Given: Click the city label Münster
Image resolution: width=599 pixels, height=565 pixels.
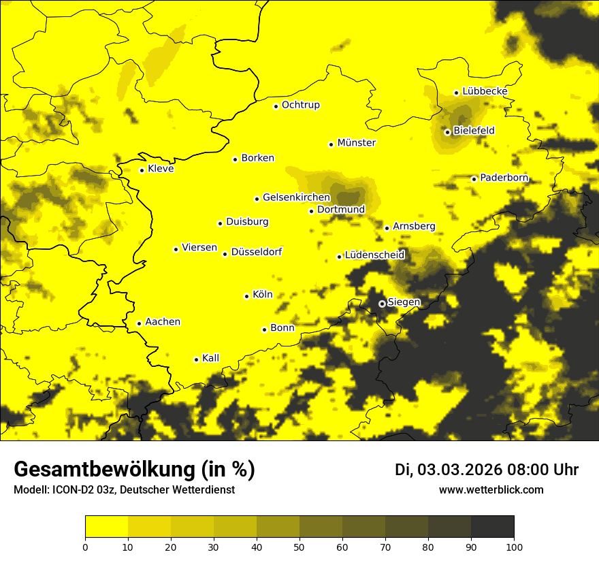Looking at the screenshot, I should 357,143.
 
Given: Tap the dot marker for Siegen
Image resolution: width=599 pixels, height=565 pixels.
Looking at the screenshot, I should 382,304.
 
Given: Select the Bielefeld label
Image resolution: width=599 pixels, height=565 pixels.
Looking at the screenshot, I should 474,130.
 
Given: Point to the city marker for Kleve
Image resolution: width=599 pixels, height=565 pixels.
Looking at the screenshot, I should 142,170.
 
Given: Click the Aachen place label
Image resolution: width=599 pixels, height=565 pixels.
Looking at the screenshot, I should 163,321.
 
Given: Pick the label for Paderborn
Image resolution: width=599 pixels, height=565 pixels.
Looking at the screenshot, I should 504,178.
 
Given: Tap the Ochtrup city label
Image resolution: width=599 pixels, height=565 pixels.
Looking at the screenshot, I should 301,105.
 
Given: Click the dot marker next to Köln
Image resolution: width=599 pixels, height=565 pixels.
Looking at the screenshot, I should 246,296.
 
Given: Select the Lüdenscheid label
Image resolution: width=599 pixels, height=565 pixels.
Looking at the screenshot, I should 374,255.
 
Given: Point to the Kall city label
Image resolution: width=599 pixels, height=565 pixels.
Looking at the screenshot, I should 211,358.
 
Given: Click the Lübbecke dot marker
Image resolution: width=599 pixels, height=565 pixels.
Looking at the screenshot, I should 456,93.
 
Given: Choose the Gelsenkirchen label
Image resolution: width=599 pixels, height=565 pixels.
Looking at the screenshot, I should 296,197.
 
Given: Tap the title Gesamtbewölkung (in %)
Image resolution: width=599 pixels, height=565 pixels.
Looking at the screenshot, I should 134,470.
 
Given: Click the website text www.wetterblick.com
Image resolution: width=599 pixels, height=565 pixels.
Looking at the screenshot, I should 491,490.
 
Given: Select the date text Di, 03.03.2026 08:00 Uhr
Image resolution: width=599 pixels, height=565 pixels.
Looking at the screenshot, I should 487,470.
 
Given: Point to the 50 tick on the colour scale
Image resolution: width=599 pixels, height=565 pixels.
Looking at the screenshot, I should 299,546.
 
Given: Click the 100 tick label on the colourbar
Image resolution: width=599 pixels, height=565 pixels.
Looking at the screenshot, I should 514,546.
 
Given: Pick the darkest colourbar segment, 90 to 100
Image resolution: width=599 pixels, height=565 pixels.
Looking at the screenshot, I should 492,526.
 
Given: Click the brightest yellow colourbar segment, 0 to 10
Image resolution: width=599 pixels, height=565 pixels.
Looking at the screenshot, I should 106,526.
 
